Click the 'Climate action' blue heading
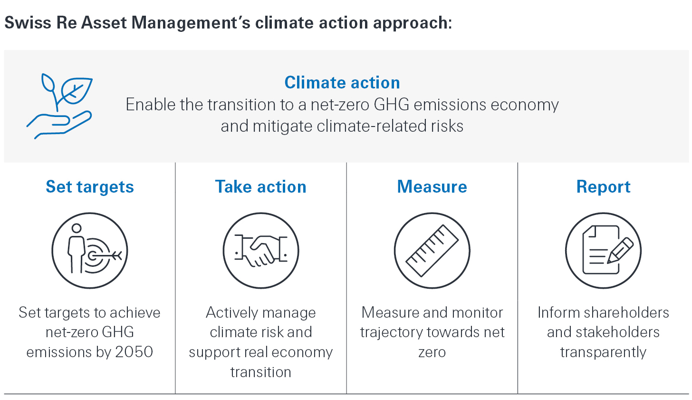pos(342,83)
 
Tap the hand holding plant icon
pos(59,106)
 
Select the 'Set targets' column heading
pos(90,187)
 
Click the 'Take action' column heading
pos(260,187)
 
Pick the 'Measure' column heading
pos(432,187)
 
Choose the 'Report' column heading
pos(603,187)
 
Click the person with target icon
pos(90,250)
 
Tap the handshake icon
pos(261,250)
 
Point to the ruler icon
pos(432,250)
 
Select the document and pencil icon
pos(603,250)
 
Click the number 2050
pos(135,352)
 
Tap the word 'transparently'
pos(603,352)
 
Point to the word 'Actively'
pos(230,313)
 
